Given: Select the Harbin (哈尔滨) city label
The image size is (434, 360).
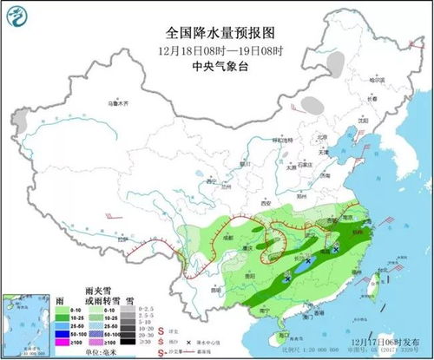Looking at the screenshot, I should [x=375, y=79].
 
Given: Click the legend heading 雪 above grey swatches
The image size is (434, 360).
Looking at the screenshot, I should [x=129, y=298].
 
